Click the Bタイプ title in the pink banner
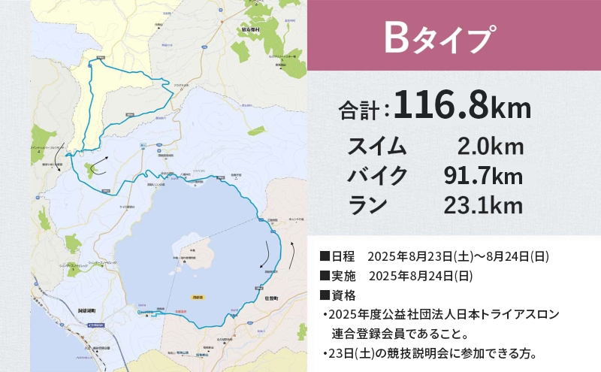pos(439,38)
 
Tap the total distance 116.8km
pos(461,106)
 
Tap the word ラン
pos(367,204)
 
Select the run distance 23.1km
pos(483,204)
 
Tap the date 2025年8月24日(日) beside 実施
pos(420,275)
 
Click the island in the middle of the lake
pos(193,251)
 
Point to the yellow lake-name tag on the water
pos(198,298)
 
